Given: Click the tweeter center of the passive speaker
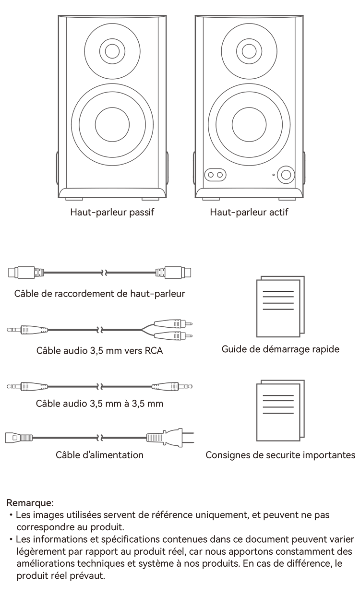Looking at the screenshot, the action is (x=112, y=51).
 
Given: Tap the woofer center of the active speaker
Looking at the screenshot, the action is (x=249, y=124).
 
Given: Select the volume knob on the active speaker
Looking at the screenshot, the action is (x=286, y=175).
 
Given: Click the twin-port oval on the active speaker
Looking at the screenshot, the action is (x=215, y=175).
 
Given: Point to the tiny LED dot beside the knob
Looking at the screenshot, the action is (x=273, y=175).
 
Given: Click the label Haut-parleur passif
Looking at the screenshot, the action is (x=112, y=212).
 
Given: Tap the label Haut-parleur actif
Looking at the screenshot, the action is (x=249, y=212).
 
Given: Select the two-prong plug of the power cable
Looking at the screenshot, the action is (x=170, y=437).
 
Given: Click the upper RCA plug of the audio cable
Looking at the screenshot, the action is (x=173, y=324).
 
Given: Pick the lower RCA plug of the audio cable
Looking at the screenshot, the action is (x=173, y=336).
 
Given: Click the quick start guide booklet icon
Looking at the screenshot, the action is (x=280, y=307).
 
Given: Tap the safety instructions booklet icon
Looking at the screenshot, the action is (x=280, y=411).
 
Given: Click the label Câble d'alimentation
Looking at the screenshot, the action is (x=99, y=455).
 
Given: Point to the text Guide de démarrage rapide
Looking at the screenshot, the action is (x=280, y=349).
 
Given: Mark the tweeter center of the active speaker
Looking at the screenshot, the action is (x=249, y=51).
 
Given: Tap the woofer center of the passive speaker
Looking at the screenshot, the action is (x=112, y=124).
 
